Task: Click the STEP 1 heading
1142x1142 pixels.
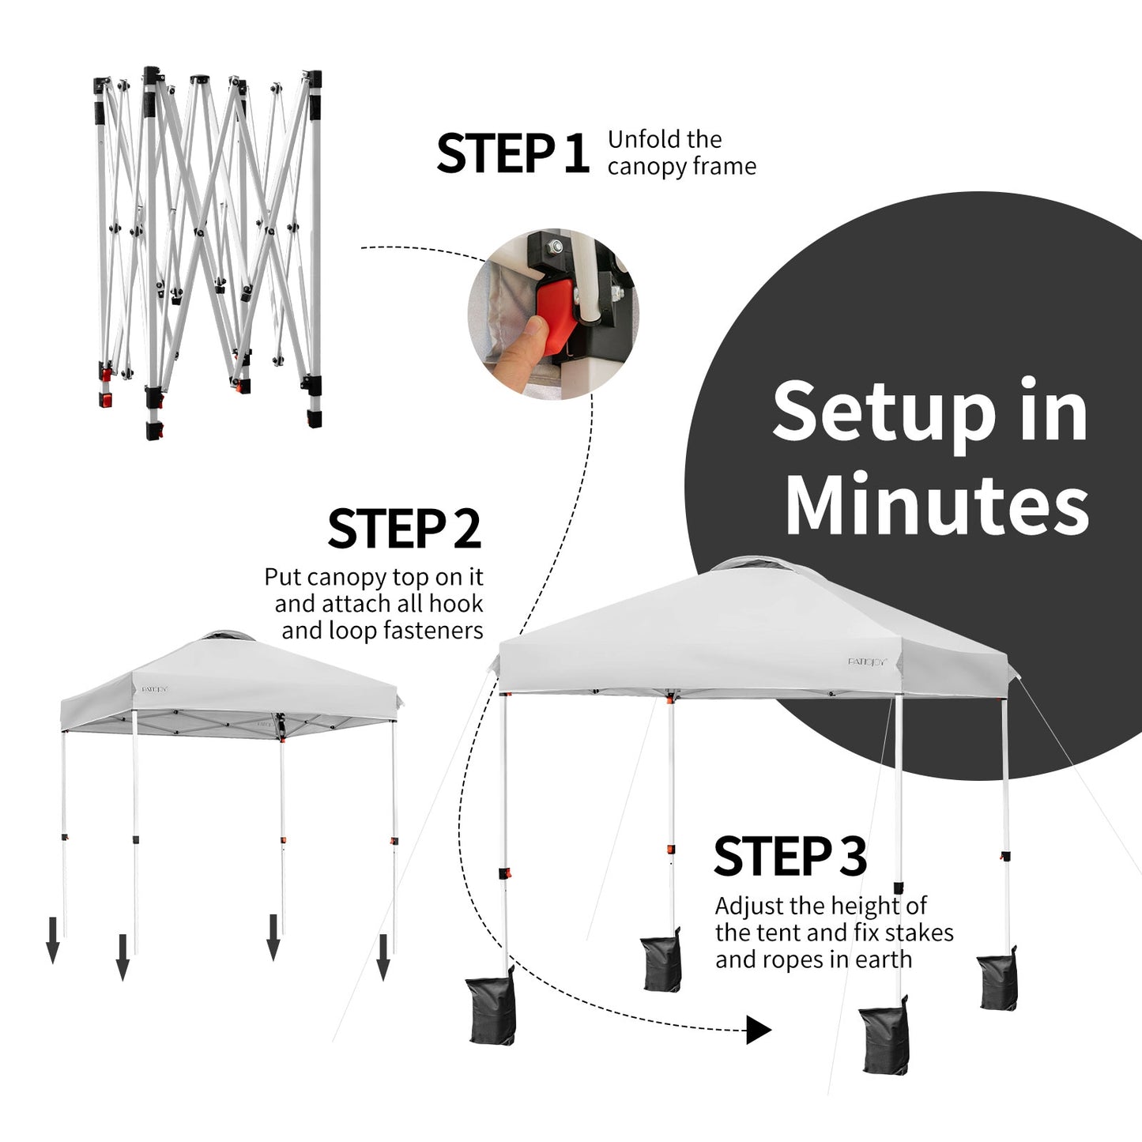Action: coord(512,153)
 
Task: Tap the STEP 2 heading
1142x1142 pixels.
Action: coord(404,529)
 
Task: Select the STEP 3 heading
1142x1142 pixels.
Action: coord(790,856)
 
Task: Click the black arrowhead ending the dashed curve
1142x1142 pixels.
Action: coord(759,1030)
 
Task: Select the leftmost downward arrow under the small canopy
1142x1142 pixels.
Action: coord(53,940)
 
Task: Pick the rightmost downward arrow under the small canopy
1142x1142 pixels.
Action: coord(383,956)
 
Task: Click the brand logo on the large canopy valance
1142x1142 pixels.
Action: coord(868,661)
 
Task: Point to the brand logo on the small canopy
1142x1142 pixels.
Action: coord(155,688)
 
